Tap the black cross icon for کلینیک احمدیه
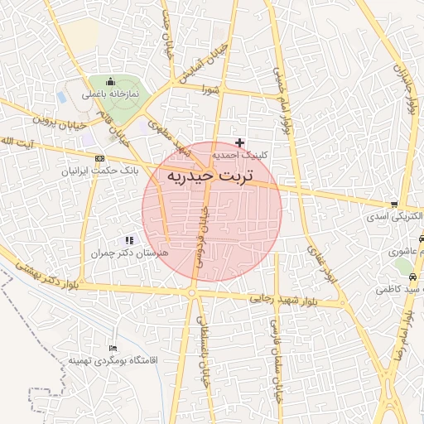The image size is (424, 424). pyautogui.click(x=240, y=142)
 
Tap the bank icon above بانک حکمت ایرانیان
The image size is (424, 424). pyautogui.click(x=100, y=158)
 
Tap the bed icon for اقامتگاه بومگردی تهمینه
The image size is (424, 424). pyautogui.click(x=113, y=349)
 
